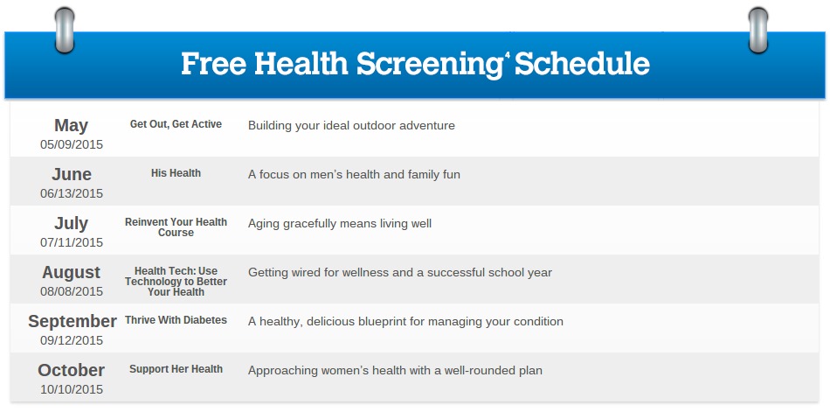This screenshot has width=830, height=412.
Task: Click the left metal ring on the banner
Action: tap(65, 31)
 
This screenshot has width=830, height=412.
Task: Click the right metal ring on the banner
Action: tap(758, 31)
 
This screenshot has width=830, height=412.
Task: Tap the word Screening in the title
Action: tap(429, 65)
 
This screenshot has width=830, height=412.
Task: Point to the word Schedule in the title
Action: tap(582, 63)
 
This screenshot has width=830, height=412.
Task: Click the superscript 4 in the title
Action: tap(507, 55)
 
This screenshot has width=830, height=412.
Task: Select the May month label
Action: tap(71, 126)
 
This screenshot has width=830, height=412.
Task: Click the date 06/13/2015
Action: tap(72, 193)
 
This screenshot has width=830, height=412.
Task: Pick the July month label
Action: tap(71, 223)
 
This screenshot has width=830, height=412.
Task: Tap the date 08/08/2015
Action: tap(72, 291)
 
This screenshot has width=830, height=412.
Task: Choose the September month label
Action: tap(72, 321)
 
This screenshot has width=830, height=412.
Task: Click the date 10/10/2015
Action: tap(72, 390)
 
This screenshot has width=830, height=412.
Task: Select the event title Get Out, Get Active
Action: tap(176, 124)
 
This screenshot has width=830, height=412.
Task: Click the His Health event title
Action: tap(176, 173)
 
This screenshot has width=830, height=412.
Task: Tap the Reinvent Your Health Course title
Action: tap(176, 227)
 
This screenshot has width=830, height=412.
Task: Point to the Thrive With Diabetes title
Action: tap(176, 320)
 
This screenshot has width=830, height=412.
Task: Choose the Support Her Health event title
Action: tap(176, 369)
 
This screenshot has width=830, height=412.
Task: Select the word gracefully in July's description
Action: tap(312, 224)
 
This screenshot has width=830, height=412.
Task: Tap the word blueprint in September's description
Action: tap(399, 322)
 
